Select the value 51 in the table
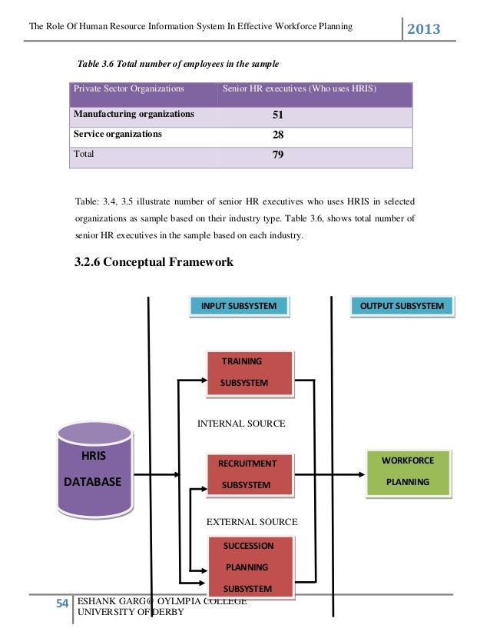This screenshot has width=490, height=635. click(278, 115)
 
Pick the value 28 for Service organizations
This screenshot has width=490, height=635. click(278, 135)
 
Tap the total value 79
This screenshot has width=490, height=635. click(278, 155)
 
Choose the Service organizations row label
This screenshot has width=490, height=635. click(118, 134)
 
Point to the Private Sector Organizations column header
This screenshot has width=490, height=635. click(128, 89)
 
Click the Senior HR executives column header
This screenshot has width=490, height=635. click(299, 89)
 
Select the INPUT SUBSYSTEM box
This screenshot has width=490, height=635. click(239, 306)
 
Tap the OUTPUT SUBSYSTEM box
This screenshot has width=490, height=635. click(402, 306)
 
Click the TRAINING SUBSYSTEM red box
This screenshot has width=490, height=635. click(250, 372)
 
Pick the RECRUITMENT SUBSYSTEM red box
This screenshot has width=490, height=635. click(250, 474)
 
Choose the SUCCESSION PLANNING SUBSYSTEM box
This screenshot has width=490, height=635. click(250, 567)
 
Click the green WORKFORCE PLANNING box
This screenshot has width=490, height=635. click(408, 471)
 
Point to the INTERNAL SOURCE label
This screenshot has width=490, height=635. click(241, 424)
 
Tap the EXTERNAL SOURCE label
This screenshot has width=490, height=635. click(252, 522)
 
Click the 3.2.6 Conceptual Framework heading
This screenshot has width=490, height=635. click(154, 262)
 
